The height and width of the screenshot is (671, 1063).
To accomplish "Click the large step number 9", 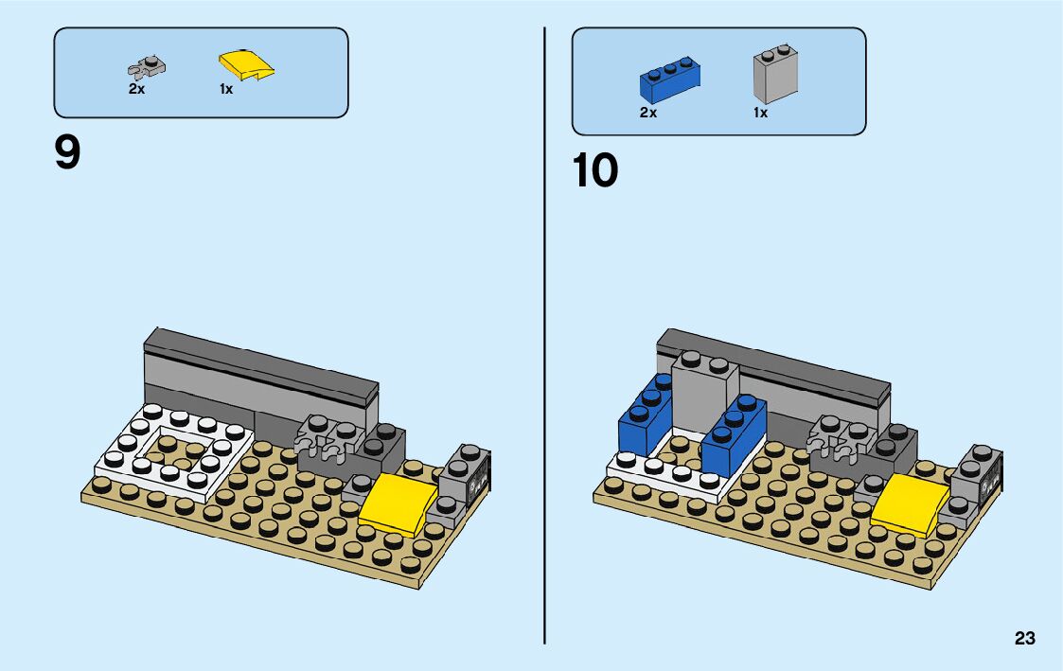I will (x=68, y=154).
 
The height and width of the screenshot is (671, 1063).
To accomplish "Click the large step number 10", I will (x=595, y=171).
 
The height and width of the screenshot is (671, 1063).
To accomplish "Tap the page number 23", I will (x=1024, y=639).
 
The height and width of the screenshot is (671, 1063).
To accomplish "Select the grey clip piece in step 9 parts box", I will (x=147, y=68).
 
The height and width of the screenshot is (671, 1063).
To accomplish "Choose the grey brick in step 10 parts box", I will (x=775, y=74).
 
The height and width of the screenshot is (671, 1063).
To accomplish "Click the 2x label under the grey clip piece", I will (x=137, y=89).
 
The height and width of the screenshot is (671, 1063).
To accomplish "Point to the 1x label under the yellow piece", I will (x=226, y=90).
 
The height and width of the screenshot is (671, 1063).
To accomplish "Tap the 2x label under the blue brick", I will (x=648, y=113).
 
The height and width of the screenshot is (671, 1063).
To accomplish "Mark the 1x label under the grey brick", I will (x=760, y=113).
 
